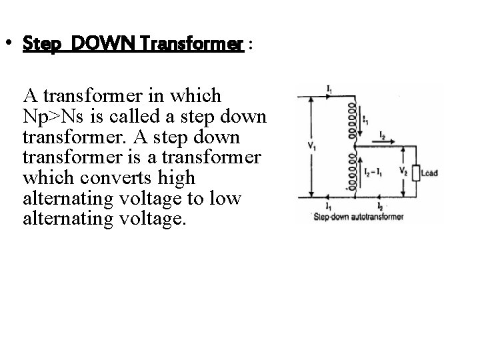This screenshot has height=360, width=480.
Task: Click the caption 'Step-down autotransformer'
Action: click(358, 217)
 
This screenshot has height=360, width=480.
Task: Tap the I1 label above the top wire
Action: click(330, 89)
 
